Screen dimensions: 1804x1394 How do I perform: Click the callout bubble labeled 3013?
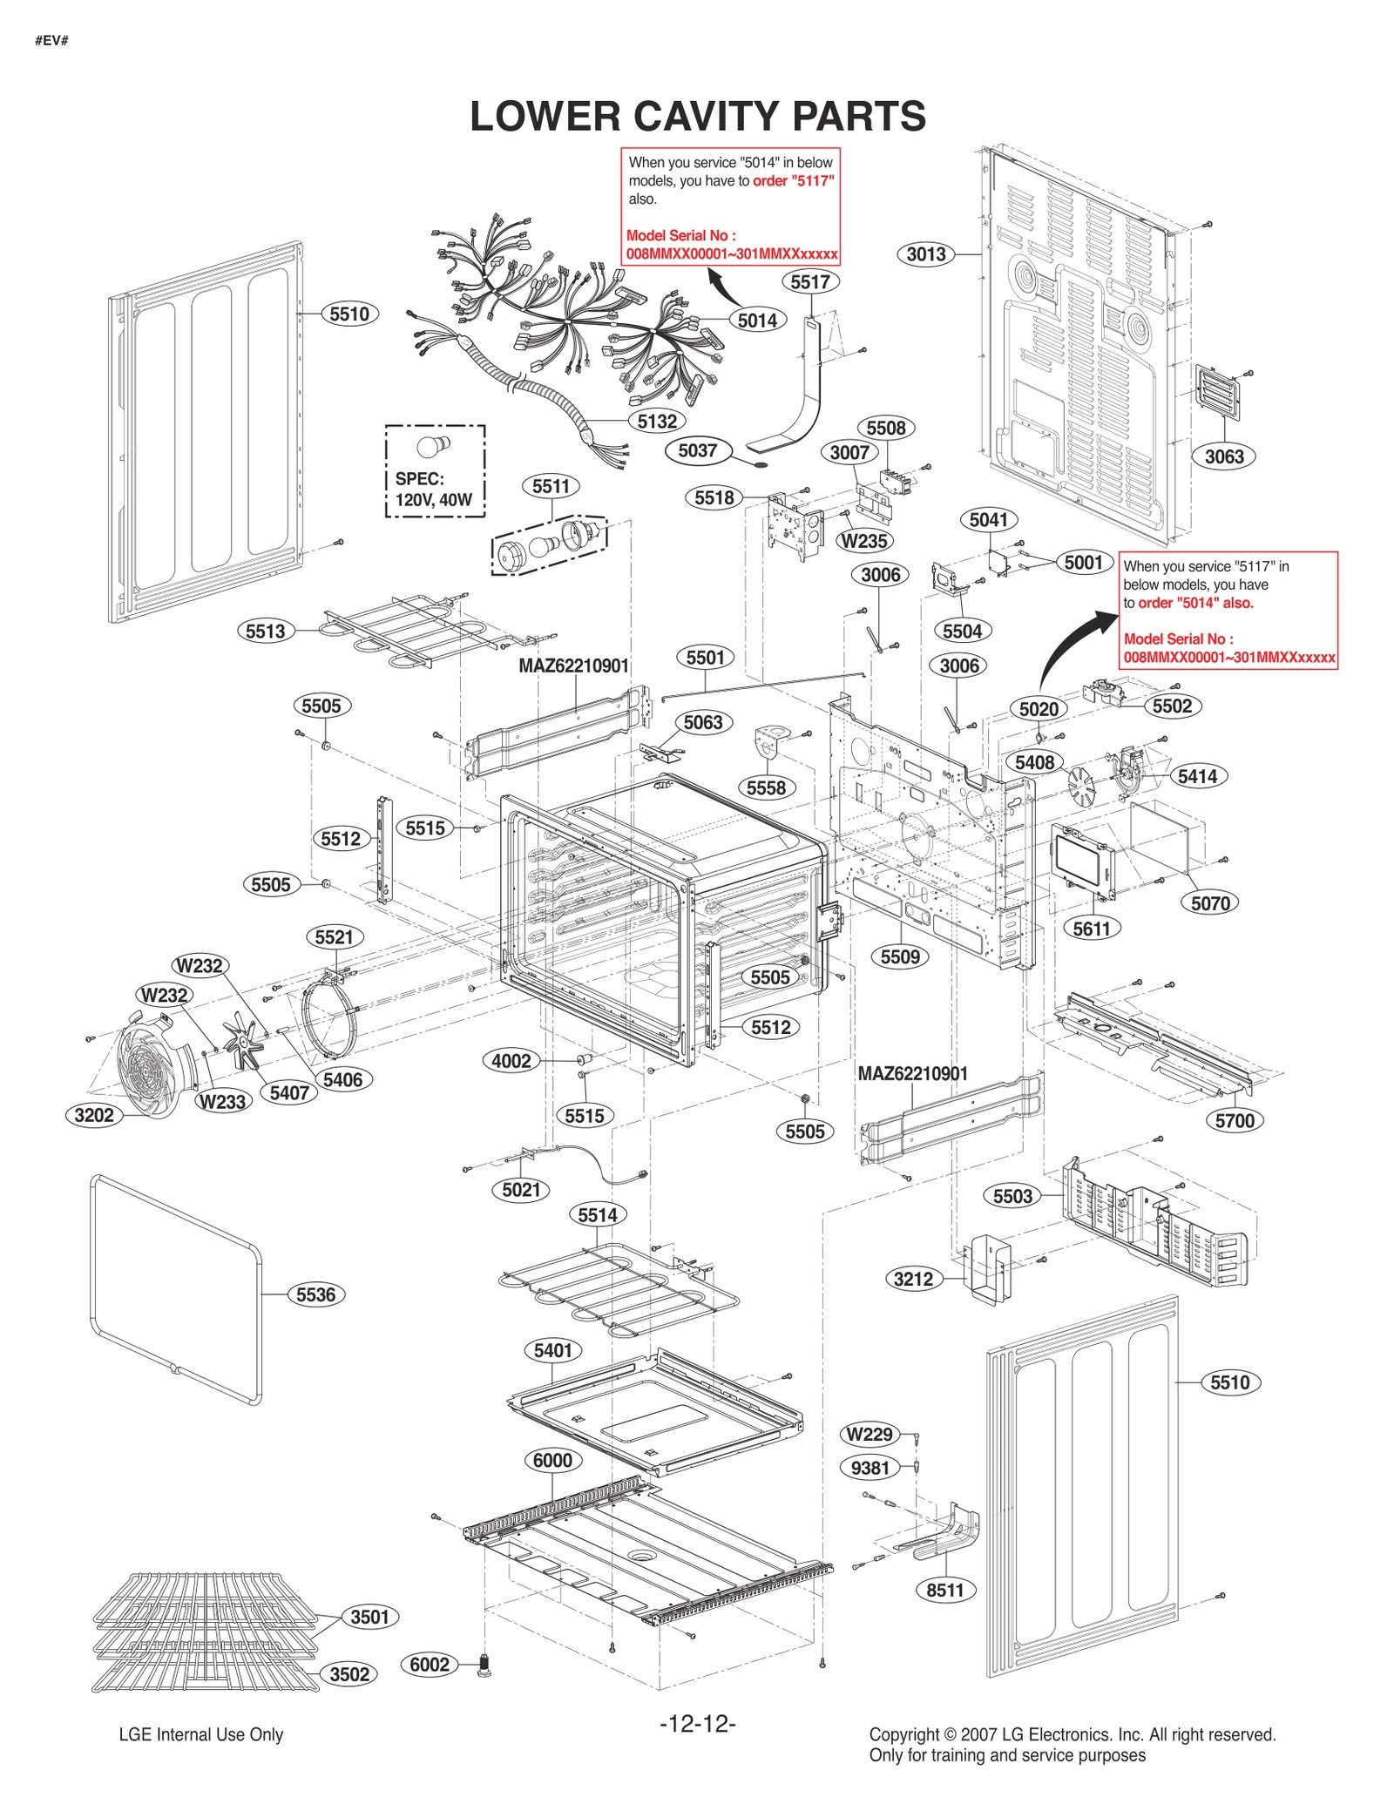925,254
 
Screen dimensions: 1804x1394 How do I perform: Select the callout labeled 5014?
756,321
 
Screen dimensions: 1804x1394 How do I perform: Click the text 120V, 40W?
433,500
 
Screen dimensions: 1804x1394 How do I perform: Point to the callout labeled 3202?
93,1115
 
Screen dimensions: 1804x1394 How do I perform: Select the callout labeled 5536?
315,1294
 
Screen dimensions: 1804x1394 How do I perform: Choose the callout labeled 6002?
430,1665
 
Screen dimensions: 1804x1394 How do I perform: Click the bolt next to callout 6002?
485,1665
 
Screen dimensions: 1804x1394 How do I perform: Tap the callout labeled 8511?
944,1590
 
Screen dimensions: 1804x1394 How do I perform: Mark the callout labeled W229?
869,1434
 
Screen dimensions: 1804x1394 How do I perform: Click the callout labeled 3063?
1223,456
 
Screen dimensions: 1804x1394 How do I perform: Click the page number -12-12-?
697,1723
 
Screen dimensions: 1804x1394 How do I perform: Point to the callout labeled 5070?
1209,903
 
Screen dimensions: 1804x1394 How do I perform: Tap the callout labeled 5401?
552,1351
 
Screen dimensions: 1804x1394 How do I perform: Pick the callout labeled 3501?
369,1617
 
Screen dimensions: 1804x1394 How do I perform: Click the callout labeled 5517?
809,281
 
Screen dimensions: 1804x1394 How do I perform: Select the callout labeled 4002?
511,1061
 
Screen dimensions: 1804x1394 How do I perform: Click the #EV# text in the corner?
51,40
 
